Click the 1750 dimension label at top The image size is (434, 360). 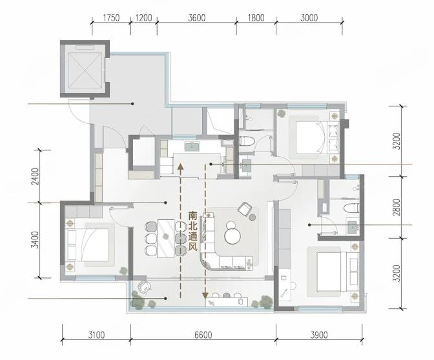111,18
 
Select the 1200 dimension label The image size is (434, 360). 144,18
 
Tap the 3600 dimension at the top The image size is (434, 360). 197,18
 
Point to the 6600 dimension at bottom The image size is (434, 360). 203,335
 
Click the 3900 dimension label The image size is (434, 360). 318,335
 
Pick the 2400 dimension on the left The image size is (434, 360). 36,176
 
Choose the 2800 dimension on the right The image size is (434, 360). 397,207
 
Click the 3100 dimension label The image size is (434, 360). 96,335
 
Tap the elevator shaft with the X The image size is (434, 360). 85,70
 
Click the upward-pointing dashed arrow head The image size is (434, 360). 180,166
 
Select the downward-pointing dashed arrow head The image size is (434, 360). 205,295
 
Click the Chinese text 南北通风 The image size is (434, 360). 192,232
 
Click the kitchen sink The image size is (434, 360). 192,146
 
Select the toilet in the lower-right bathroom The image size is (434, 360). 351,208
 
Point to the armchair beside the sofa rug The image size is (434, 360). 244,208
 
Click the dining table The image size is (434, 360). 166,238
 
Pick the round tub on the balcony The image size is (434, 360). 145,286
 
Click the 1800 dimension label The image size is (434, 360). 256,18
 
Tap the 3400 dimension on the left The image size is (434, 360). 36,240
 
